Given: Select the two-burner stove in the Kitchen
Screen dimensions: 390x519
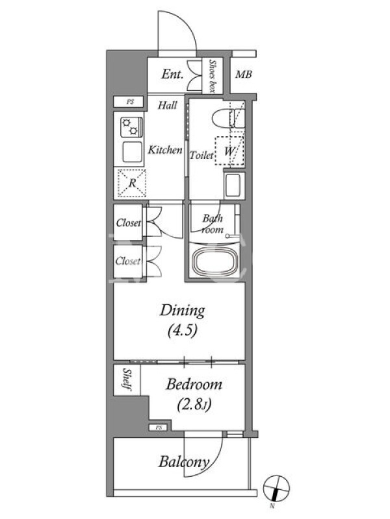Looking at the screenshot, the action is point(132,127).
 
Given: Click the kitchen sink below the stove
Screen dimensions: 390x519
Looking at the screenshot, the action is point(133,152).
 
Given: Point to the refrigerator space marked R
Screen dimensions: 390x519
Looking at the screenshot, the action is point(132,183).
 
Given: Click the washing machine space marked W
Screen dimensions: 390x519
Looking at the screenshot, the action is point(229,151).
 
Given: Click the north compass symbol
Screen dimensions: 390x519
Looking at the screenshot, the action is point(276,489).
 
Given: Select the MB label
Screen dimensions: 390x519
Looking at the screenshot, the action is point(244,75).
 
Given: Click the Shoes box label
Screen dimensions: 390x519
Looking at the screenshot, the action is point(213,77).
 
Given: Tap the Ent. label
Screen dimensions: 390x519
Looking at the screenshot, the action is point(172,74).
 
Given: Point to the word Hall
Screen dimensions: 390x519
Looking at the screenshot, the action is point(168,105).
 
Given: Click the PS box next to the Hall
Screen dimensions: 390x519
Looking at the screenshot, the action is point(129,102).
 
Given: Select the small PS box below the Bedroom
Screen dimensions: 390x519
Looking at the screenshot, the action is point(159,428).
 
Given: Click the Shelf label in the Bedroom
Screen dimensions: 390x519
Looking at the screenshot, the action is point(127,380).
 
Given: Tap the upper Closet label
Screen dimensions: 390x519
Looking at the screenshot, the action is point(129,223).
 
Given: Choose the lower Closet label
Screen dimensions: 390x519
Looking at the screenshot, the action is point(128,261).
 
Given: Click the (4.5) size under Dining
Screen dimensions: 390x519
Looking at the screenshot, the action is point(183,330).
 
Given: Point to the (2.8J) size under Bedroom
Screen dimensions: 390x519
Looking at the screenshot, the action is point(194,404).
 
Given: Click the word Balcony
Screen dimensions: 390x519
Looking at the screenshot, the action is point(184,463).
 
